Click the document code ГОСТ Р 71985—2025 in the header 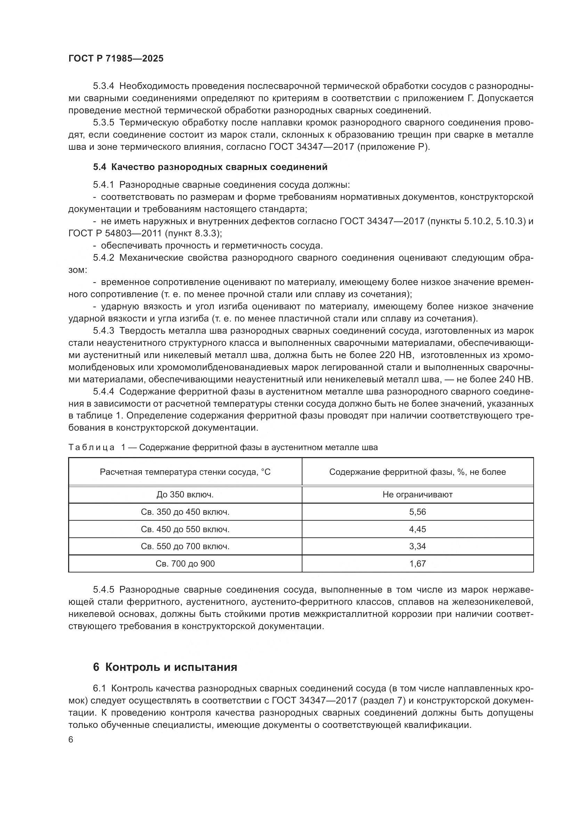(116, 59)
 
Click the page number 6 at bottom (71, 740)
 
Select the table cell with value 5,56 (418, 512)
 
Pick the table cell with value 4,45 (418, 529)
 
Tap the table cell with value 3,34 (418, 546)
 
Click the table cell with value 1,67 (418, 564)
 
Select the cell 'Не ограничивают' (418, 495)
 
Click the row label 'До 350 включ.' (185, 495)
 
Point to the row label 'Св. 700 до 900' (185, 564)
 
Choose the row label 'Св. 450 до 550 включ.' (185, 529)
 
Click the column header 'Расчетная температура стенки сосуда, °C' (185, 472)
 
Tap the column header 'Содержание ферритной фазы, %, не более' (418, 472)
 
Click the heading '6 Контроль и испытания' (165, 667)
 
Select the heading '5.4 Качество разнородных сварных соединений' (210, 167)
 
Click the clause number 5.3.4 (104, 86)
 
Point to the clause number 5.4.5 (104, 590)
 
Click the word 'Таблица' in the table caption (91, 448)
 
